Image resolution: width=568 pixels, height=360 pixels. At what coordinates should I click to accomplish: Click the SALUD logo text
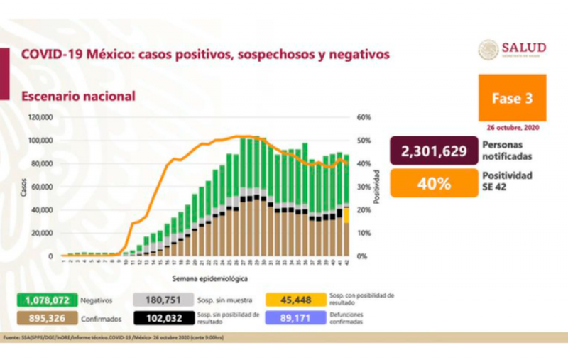pyautogui.click(x=523, y=47)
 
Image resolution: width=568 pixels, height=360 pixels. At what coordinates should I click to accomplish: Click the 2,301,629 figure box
pyautogui.click(x=432, y=151)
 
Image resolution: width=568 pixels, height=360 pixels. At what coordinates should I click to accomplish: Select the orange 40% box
pyautogui.click(x=432, y=184)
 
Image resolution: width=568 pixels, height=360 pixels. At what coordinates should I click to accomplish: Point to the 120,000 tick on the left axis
pyautogui.click(x=42, y=117)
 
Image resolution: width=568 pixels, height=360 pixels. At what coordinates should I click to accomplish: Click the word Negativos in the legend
pyautogui.click(x=97, y=300)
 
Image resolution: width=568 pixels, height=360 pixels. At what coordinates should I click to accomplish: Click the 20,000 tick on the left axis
pyautogui.click(x=43, y=233)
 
